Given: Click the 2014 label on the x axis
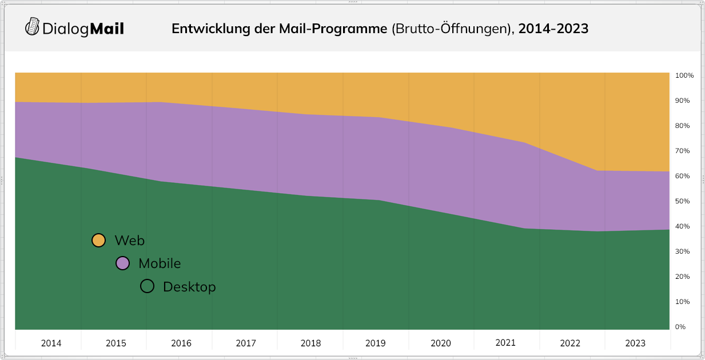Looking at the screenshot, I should point(51,343).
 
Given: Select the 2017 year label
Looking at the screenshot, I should point(246,343).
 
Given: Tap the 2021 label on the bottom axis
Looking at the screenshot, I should point(505,343).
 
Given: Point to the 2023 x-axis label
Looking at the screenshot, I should point(635,343).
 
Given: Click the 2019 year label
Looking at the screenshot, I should point(376,343).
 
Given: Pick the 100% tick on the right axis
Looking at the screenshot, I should point(684,75).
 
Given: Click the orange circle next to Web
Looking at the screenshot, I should point(98,241).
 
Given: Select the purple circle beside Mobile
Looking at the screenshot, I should point(122,263).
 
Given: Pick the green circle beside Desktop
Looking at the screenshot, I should point(147,286).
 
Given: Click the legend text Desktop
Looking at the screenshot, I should point(189,287).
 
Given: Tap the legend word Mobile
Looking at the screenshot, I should point(160,263).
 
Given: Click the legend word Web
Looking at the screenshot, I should point(129,241).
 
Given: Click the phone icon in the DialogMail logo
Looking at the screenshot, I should point(33,26).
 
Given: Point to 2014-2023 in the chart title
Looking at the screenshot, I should point(553,29).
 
